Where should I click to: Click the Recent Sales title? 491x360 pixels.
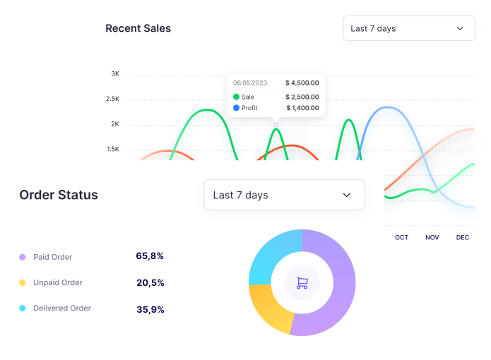tap(138, 28)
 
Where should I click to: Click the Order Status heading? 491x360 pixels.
tap(59, 195)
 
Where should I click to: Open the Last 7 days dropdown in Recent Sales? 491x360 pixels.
tap(408, 28)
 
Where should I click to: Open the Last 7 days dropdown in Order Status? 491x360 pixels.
tap(284, 195)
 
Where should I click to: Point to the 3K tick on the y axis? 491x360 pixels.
tap(115, 73)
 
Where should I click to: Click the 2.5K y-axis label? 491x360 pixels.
tap(113, 99)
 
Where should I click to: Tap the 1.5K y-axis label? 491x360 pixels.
tap(113, 149)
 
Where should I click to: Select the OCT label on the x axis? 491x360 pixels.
tap(401, 237)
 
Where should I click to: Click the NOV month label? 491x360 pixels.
tap(432, 237)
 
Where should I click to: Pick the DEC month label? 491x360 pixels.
tap(463, 237)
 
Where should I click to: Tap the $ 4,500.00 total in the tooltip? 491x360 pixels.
tap(302, 82)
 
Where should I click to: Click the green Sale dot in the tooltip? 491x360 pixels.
tap(237, 97)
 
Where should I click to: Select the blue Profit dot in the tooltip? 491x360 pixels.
tap(237, 108)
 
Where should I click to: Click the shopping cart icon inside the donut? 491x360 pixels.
tap(302, 283)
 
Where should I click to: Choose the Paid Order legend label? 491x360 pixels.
tap(52, 257)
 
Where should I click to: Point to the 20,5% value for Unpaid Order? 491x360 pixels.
tap(150, 282)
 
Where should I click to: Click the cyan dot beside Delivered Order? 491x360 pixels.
tap(23, 308)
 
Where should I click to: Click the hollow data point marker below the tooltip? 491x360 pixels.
tap(276, 125)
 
